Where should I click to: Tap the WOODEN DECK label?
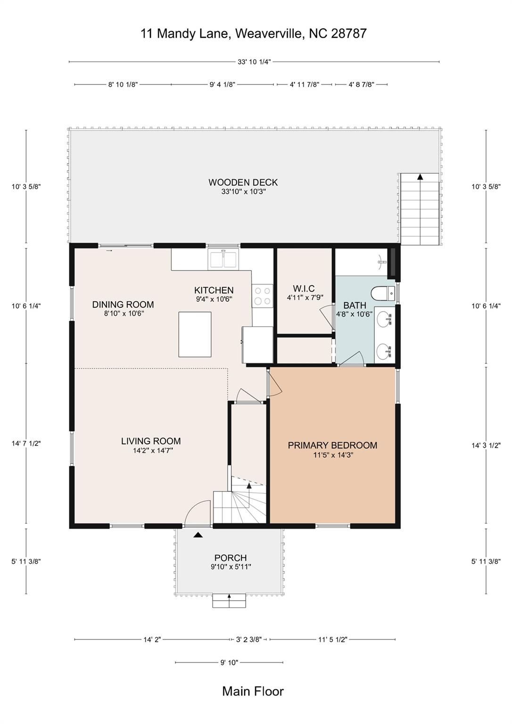[243, 182]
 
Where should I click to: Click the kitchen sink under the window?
[224, 260]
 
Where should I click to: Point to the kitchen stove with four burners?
[262, 296]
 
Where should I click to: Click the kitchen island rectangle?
[195, 334]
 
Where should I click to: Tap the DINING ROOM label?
[123, 304]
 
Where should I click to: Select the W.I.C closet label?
[304, 288]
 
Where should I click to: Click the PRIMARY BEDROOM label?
[332, 445]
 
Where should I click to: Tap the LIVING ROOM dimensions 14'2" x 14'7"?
[151, 451]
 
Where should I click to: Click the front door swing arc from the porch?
[198, 511]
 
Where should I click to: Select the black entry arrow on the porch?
[198, 535]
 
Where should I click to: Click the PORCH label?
[231, 558]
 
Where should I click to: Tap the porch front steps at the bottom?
[229, 601]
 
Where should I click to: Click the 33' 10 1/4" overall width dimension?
[254, 62]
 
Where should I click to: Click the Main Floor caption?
[253, 691]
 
